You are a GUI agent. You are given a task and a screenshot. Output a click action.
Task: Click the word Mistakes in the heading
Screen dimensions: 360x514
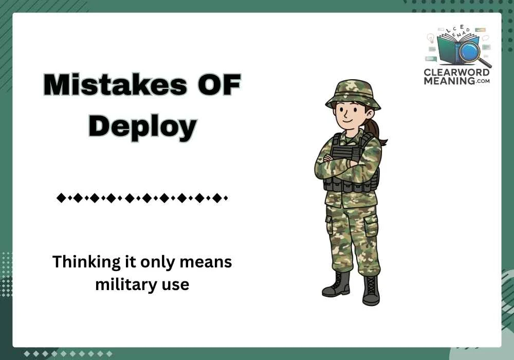116,85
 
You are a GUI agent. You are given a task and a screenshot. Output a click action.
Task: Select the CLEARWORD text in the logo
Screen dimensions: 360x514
456,73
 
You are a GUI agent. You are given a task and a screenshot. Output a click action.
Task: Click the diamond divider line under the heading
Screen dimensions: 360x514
142,197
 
